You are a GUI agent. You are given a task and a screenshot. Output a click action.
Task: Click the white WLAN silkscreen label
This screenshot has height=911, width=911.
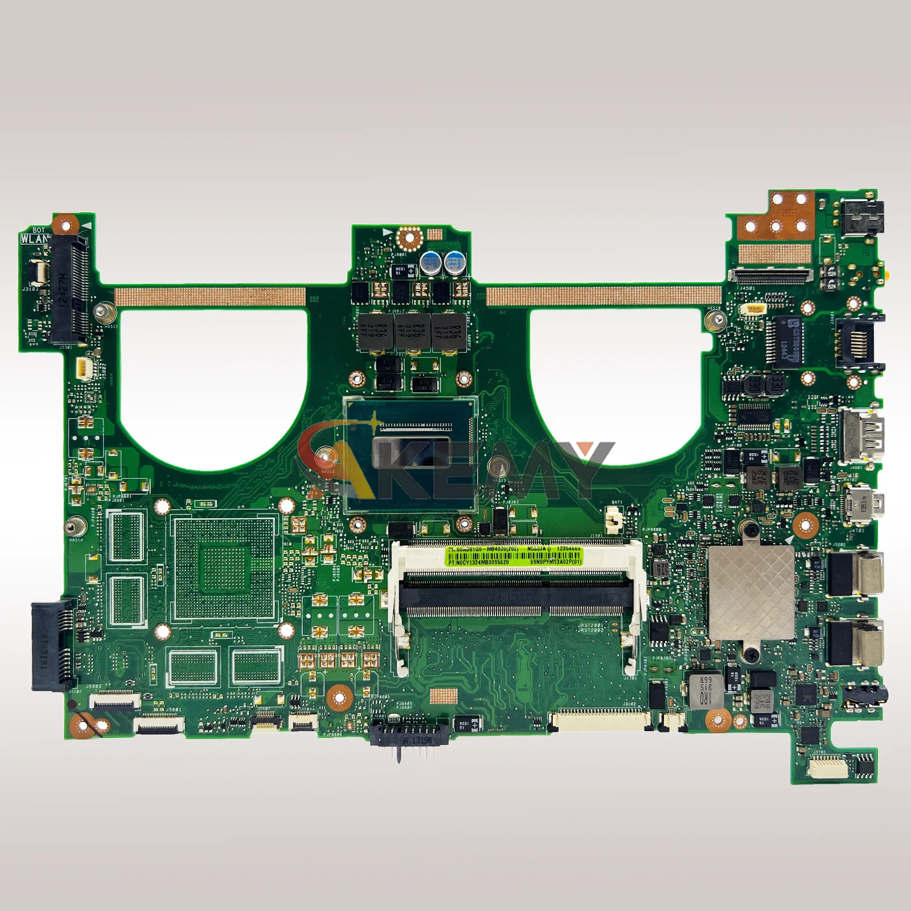coord(35,239)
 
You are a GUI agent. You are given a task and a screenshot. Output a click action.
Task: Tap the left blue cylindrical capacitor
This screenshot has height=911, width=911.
coord(430,263)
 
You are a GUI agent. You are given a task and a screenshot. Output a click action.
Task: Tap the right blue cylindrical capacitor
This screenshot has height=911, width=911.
coord(454,263)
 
